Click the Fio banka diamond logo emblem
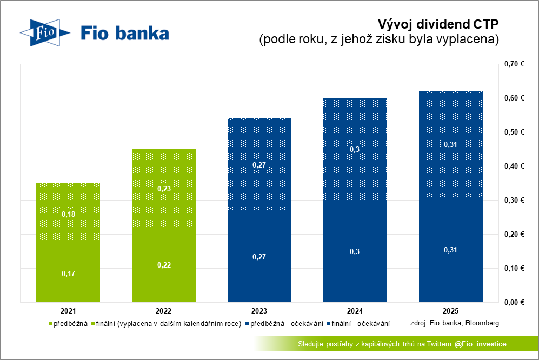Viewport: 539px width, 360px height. (x=45, y=32)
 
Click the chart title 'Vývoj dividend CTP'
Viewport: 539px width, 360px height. (x=438, y=24)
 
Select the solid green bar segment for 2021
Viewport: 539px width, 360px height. (x=68, y=274)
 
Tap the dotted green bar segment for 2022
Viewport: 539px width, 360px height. (x=164, y=189)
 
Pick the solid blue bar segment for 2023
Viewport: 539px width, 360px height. (x=259, y=256)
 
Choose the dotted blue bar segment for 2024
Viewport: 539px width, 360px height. (x=355, y=149)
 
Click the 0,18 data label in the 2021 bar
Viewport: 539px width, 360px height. (x=69, y=214)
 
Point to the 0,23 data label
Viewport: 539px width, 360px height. (x=164, y=189)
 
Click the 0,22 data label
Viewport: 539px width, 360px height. (x=164, y=265)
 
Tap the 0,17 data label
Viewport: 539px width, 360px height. (x=69, y=274)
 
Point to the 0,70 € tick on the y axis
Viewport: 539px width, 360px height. (x=514, y=64)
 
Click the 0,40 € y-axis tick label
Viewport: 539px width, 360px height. (x=514, y=166)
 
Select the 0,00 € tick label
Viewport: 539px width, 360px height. (x=514, y=302)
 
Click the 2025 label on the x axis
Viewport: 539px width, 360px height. (x=451, y=311)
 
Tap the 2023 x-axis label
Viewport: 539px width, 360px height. (x=259, y=311)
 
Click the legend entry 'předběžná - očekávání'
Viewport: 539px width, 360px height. (x=284, y=324)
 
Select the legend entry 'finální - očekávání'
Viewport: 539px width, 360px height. (x=358, y=324)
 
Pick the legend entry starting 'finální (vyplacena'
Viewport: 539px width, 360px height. (x=167, y=324)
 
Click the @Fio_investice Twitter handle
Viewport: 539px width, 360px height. (x=480, y=344)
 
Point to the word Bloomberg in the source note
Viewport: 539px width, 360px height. (x=482, y=323)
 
